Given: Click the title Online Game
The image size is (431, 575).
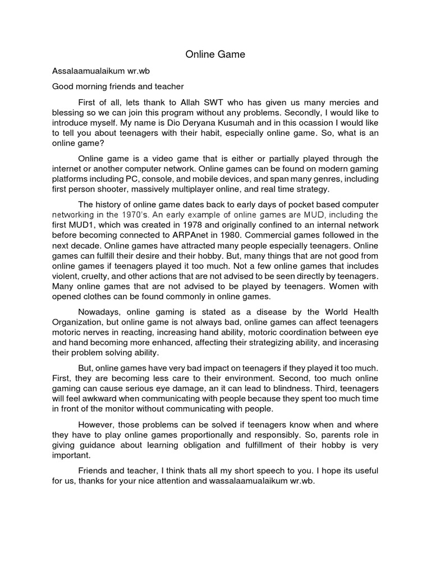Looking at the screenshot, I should pos(215,55).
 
